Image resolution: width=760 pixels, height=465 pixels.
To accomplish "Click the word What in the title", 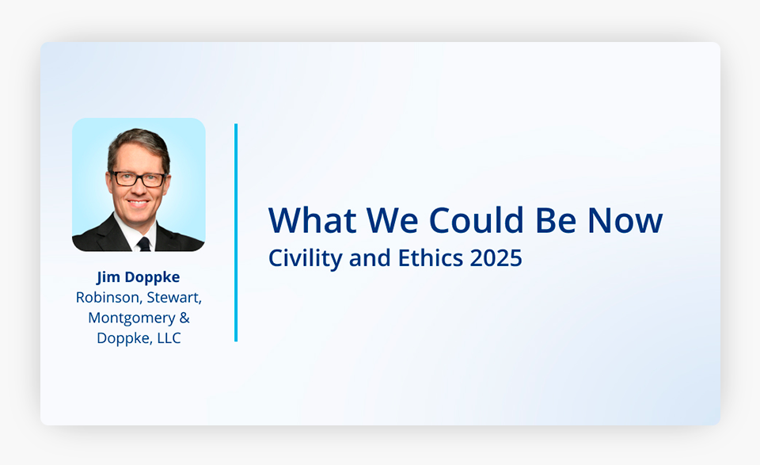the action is [313, 221].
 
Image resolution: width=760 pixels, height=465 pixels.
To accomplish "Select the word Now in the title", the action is [625, 221].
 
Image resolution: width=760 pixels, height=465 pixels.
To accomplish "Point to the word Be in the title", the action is [556, 221].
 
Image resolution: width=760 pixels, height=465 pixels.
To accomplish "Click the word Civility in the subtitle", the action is [306, 258].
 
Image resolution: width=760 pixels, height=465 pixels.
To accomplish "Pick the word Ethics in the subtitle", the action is [431, 257].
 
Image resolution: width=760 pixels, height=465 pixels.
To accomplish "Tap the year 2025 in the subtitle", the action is [496, 258].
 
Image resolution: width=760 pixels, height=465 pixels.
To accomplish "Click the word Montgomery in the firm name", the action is [131, 318].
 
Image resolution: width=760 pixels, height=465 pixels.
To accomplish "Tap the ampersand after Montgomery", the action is [184, 318].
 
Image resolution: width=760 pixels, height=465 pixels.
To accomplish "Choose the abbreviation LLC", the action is [168, 338].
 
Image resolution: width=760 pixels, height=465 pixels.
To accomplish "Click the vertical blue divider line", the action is [236, 233].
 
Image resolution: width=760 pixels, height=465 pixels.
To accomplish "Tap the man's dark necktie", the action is [144, 244].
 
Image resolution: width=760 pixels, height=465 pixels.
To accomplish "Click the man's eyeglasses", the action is [139, 179].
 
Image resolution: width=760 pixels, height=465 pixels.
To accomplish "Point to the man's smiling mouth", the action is [138, 203].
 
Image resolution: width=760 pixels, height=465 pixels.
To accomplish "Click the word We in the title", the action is [392, 221].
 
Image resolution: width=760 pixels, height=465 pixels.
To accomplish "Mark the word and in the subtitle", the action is [370, 257].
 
